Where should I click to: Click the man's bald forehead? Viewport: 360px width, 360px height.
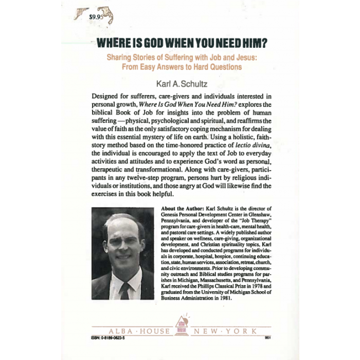coord(120,227)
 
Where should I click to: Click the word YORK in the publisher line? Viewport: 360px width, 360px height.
coord(249,331)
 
